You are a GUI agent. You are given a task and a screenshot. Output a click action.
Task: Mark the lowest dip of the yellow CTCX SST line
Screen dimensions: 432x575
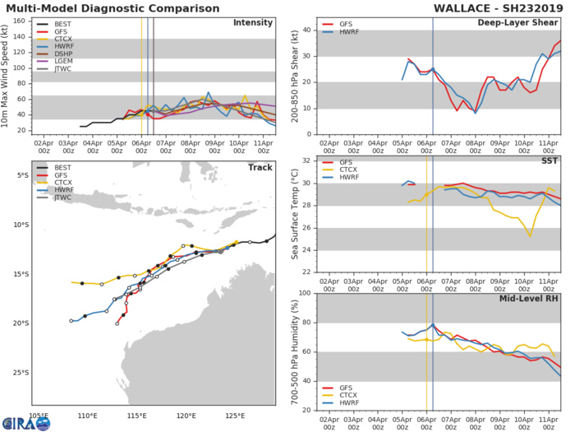pos(531,236)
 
